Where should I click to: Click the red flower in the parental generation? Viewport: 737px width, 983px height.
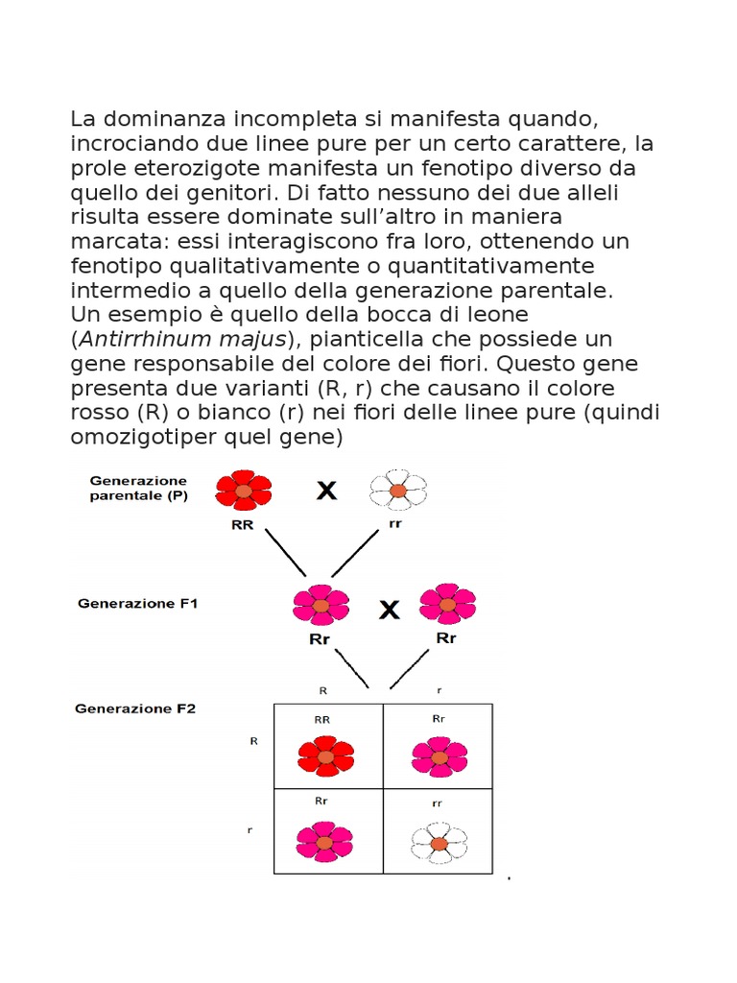(244, 490)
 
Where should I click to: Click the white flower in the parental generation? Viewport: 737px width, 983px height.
(397, 490)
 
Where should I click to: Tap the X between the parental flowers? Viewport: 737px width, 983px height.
(327, 491)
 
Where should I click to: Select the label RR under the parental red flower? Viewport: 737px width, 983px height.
(243, 525)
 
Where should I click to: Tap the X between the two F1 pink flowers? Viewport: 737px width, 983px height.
(389, 610)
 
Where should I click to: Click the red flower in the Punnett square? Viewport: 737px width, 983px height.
(325, 755)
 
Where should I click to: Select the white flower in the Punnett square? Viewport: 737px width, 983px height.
(439, 842)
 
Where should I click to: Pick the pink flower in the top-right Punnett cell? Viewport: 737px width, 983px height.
(439, 755)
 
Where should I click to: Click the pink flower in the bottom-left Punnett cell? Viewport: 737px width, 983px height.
(324, 841)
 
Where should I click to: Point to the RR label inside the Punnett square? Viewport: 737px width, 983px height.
(323, 719)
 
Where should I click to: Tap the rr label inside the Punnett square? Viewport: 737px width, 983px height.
(438, 803)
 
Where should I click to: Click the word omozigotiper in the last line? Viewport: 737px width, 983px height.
(153, 438)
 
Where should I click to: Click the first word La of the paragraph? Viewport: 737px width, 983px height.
(83, 119)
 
